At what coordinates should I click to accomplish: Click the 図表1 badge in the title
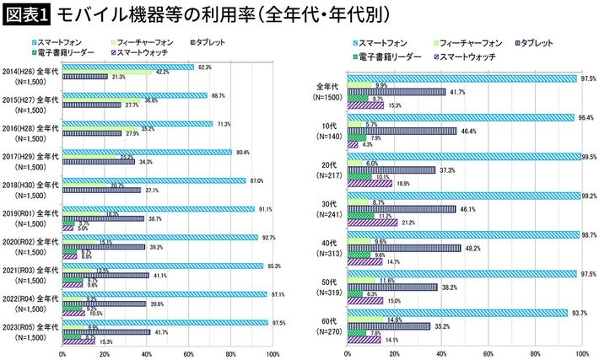click(x=25, y=14)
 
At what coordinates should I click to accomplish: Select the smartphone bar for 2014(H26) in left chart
click(x=127, y=67)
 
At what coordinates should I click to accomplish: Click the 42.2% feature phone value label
click(x=163, y=73)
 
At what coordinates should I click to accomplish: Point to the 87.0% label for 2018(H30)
click(x=256, y=180)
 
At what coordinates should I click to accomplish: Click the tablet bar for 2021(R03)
click(x=105, y=275)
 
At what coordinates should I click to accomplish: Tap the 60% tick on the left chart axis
click(x=189, y=354)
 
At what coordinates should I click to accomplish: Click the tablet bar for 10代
click(x=402, y=131)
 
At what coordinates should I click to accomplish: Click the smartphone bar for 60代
click(x=456, y=312)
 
